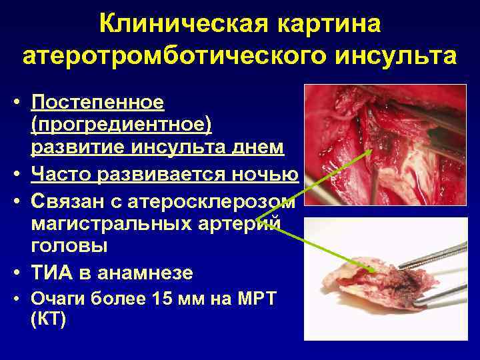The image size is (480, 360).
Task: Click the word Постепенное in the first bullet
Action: (x=97, y=103)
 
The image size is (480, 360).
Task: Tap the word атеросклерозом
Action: (x=227, y=201)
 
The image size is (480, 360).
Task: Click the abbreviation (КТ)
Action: (x=48, y=319)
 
